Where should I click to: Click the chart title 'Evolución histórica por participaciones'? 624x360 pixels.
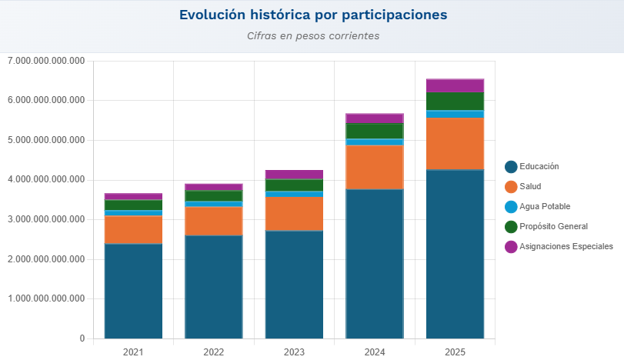point(312,15)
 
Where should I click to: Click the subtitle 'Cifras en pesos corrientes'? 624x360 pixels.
point(312,36)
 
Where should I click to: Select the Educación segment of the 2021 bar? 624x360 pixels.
point(133,291)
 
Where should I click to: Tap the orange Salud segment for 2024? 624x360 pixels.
point(375,167)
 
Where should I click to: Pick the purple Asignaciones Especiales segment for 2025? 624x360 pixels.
point(455,85)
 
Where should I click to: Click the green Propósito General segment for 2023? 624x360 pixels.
point(294,185)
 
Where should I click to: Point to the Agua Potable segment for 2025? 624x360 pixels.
point(455,114)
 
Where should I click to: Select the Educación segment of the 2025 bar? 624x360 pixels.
point(455,254)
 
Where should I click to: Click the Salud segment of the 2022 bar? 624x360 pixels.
point(214,221)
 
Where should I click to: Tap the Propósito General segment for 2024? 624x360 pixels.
point(375,131)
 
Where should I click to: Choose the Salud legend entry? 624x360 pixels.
point(530,187)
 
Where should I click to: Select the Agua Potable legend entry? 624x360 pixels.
point(544,207)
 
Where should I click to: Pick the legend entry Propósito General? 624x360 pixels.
point(552,227)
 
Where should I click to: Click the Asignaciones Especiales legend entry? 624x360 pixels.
point(566,247)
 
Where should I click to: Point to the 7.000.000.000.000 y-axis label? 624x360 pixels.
point(45,61)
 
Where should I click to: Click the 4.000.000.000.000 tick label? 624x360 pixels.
point(45,180)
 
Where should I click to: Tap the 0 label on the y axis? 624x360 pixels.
point(82,338)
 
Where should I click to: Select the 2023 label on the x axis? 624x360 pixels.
point(294,352)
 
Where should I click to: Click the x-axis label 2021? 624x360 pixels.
point(133,352)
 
